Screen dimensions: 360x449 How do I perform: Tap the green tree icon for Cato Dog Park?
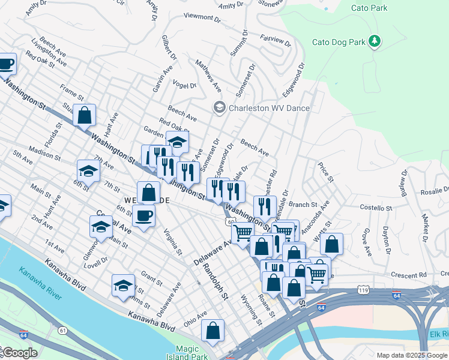[x=375, y=41]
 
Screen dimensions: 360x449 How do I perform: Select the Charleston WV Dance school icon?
[x=219, y=108]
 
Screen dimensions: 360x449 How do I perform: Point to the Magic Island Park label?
[x=191, y=353]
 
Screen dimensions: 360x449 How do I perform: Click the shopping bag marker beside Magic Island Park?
[x=212, y=331]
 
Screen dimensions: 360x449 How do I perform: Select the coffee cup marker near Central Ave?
[x=144, y=215]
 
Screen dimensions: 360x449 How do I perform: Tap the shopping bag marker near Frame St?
[x=85, y=114]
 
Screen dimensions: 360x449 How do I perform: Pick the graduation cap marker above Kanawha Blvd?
[x=123, y=286]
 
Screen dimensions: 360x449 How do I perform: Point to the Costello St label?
[x=375, y=207]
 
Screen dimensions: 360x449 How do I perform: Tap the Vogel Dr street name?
[x=184, y=85]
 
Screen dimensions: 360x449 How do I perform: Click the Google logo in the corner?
[x=19, y=353]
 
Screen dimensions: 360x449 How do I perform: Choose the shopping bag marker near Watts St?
[x=331, y=244]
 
